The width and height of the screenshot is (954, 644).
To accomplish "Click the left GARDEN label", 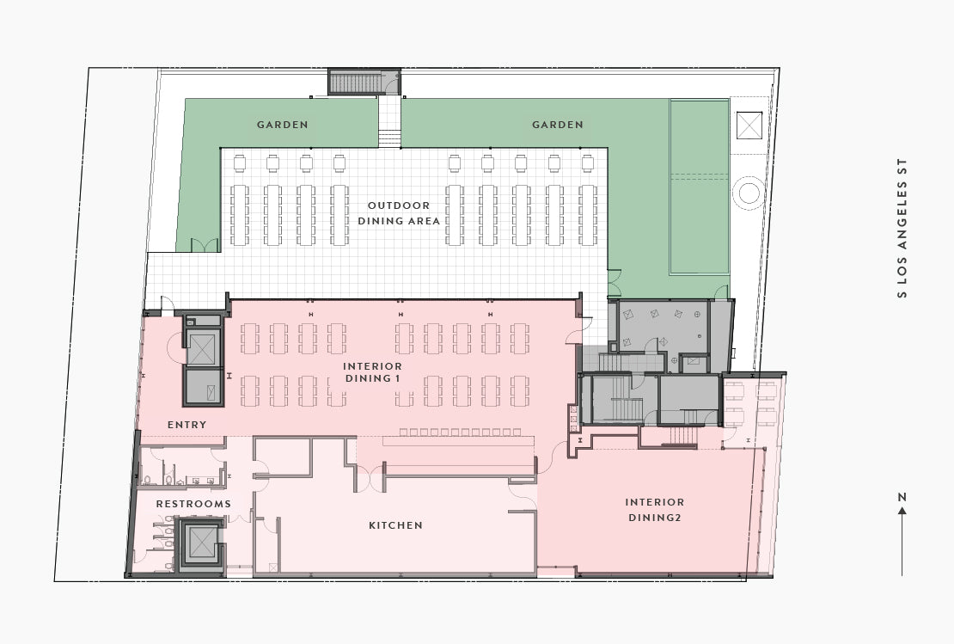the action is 282,125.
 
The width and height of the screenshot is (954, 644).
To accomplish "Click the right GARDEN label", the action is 558,125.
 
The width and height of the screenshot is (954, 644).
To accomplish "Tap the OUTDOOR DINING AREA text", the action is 399,213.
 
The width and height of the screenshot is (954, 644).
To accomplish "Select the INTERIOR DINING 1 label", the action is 372,372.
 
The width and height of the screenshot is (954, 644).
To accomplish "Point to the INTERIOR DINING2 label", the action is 655,510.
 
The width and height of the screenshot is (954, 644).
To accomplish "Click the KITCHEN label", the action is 395,525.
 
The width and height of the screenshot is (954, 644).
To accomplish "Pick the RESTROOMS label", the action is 193,504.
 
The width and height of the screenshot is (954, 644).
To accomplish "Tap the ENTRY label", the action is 187,425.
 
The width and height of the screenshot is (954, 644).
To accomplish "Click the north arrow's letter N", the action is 902,497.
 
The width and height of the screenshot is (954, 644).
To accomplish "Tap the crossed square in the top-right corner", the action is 749,125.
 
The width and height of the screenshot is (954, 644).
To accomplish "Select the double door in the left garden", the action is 205,245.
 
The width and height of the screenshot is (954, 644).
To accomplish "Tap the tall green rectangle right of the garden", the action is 699,187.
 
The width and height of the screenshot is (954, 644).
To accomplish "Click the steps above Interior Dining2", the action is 682,437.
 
